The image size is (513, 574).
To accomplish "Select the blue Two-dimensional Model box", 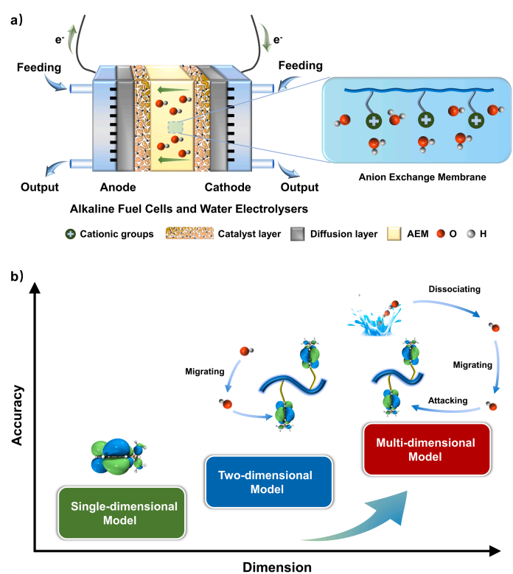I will [x=254, y=481].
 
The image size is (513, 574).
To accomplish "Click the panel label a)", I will [x=15, y=20].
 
